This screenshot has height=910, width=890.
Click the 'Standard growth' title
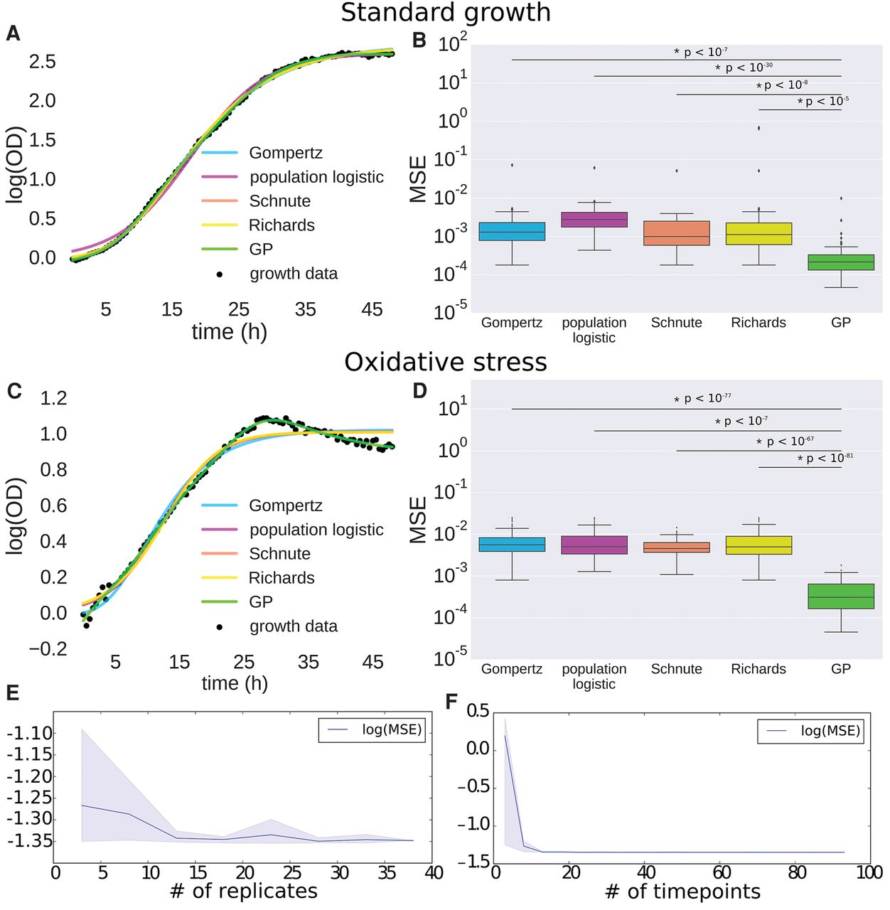pos(446,13)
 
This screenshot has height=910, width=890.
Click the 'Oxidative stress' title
pos(446,363)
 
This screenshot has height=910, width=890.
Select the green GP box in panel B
pos(841,262)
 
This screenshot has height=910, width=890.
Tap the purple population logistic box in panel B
pos(594,220)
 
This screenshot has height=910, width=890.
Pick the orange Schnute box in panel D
pos(677,547)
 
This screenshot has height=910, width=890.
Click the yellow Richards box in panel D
pos(758,545)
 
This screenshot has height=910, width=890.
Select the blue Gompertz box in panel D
pos(512,545)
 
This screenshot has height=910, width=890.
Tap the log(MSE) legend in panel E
pos(372,729)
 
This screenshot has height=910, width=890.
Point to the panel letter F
pos(451,702)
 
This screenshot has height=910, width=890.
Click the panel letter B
pos(419,41)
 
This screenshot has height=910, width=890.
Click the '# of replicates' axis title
pos(244,892)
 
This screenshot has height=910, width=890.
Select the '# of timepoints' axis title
pos(682,892)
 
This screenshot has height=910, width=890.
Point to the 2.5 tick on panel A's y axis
pos(42,62)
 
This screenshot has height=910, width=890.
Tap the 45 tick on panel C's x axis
pos(373,662)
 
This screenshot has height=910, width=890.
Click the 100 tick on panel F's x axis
pos(868,872)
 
